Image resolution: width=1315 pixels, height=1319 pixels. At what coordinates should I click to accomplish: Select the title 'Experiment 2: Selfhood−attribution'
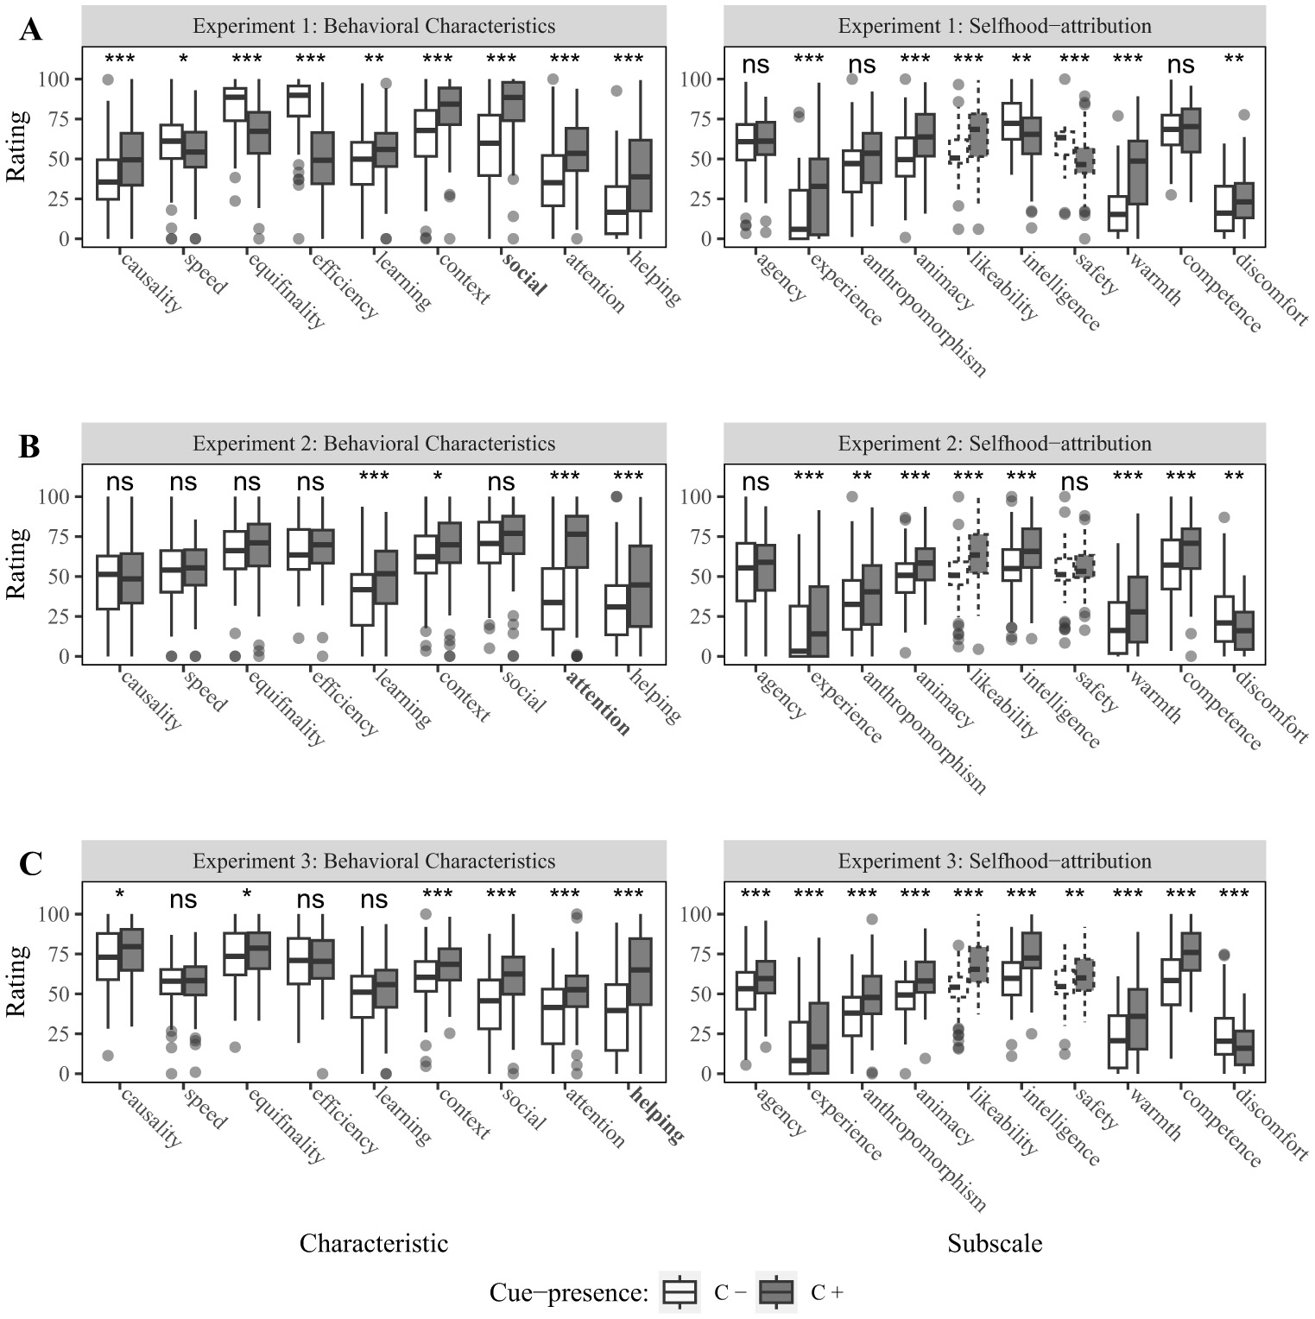[x=995, y=444]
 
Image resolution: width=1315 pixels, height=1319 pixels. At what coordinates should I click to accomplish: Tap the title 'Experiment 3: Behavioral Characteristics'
[x=374, y=861]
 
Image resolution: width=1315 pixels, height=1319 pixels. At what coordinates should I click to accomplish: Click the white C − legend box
[x=680, y=1292]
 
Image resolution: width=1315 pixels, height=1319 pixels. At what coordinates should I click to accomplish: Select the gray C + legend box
[x=776, y=1292]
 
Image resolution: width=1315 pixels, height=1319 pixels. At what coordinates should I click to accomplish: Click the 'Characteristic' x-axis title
[x=374, y=1243]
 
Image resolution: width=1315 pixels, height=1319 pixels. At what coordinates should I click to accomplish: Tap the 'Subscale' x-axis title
[x=995, y=1243]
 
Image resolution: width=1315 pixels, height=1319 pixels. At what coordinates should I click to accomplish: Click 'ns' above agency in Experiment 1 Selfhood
[x=755, y=65]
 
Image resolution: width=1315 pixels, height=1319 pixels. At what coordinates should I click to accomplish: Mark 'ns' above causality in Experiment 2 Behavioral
[x=120, y=483]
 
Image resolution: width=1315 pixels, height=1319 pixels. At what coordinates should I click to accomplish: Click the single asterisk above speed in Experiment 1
[x=183, y=60]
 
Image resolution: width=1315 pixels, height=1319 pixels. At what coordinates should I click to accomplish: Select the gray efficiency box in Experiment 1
[x=322, y=158]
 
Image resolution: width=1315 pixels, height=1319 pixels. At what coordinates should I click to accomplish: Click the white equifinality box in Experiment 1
[x=235, y=104]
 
